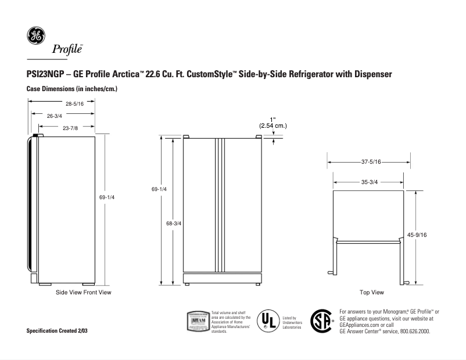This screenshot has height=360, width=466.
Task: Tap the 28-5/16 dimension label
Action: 75,104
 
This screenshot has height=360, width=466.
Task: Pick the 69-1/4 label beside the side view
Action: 107,197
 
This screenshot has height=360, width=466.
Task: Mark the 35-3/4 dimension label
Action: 369,182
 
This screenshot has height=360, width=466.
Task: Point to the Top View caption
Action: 372,292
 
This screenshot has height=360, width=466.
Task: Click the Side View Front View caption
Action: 83,292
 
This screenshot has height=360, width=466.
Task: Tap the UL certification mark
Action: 268,320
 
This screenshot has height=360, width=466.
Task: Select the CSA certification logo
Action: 323,320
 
